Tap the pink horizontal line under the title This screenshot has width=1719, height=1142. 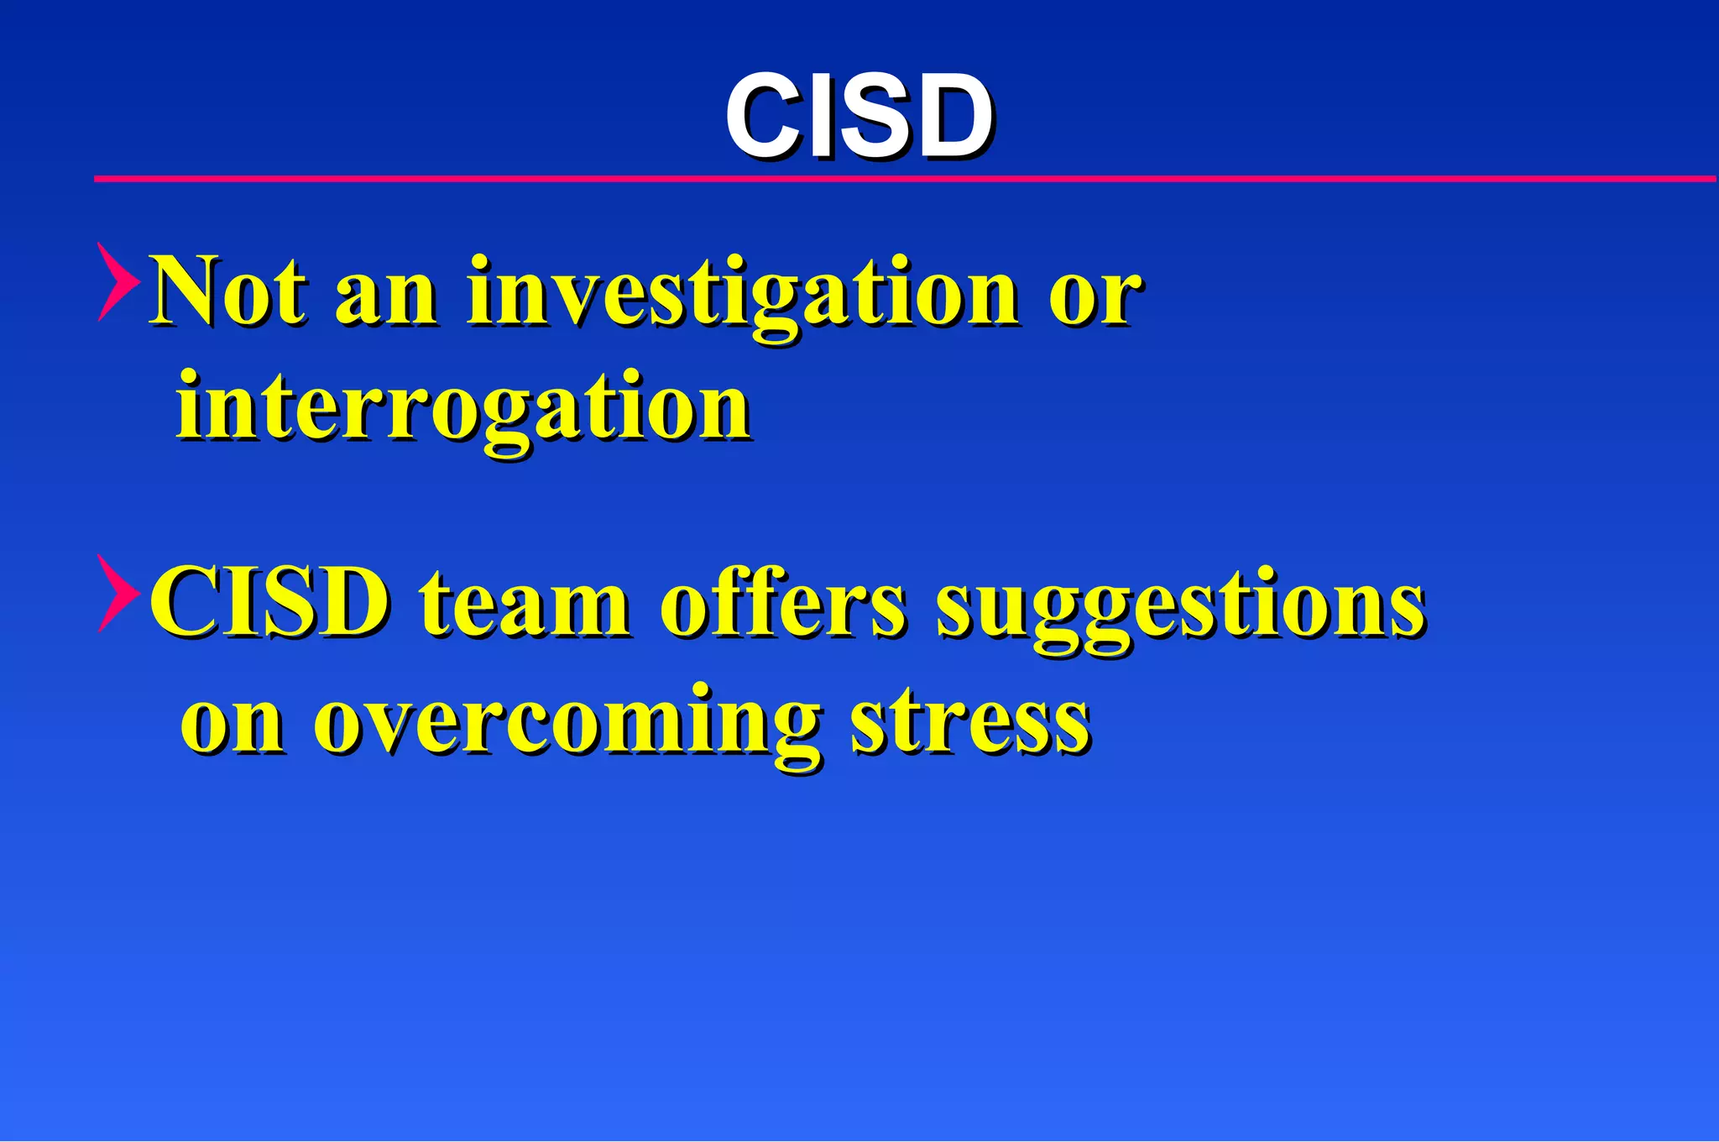click(905, 179)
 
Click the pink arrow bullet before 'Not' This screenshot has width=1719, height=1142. click(118, 282)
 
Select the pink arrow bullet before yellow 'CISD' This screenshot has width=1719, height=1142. click(118, 594)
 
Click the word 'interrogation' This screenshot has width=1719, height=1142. click(463, 409)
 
